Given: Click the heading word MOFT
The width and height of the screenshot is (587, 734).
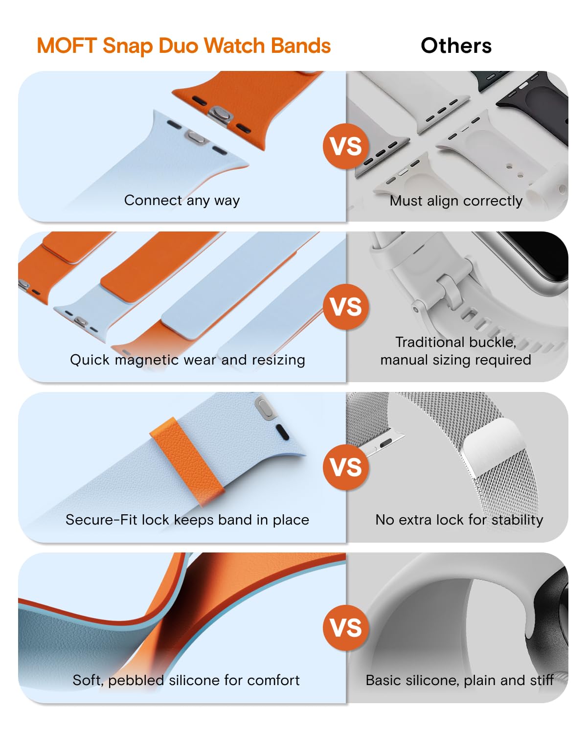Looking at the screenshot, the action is click(x=67, y=46).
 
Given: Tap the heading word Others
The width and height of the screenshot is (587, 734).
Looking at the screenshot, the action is click(x=456, y=46).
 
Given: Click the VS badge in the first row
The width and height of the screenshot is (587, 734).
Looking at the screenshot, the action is click(x=345, y=147).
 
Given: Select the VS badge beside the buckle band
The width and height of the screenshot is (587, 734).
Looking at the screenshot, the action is click(x=345, y=307).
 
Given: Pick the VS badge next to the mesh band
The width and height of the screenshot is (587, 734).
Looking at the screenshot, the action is click(x=345, y=467).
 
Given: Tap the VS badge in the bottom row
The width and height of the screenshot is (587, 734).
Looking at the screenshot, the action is click(x=345, y=628).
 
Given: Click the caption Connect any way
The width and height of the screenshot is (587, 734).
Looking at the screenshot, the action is click(x=182, y=201).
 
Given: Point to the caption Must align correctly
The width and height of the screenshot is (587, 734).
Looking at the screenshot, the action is click(x=456, y=201).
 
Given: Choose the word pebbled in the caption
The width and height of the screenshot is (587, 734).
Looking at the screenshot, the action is click(x=136, y=681).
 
